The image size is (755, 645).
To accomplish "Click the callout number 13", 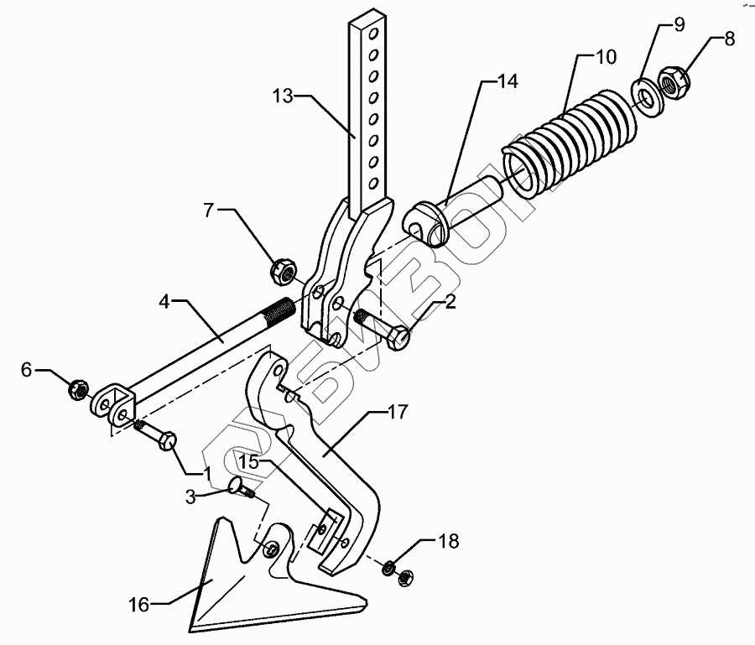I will click(x=284, y=96).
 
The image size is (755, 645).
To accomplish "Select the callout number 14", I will click(x=507, y=81).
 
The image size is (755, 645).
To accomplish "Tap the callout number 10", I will click(x=605, y=58).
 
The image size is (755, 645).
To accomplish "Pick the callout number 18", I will click(x=450, y=542).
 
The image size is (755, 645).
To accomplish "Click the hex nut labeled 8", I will click(x=674, y=82).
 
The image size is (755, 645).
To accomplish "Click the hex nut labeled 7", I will click(x=281, y=270).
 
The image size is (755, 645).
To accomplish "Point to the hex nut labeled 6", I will click(x=75, y=389).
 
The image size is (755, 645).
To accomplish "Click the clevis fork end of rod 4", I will click(x=112, y=402).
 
